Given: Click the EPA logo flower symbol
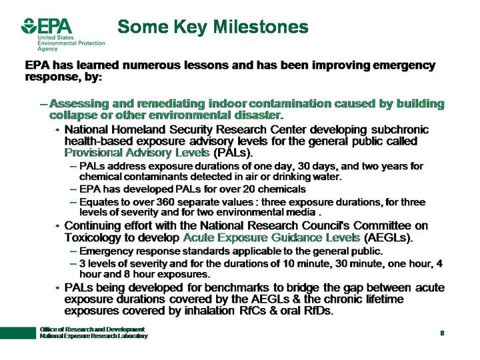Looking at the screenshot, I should click(x=29, y=27).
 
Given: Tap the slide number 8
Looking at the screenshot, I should click(x=442, y=333).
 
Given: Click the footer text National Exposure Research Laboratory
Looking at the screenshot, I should click(x=93, y=337).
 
